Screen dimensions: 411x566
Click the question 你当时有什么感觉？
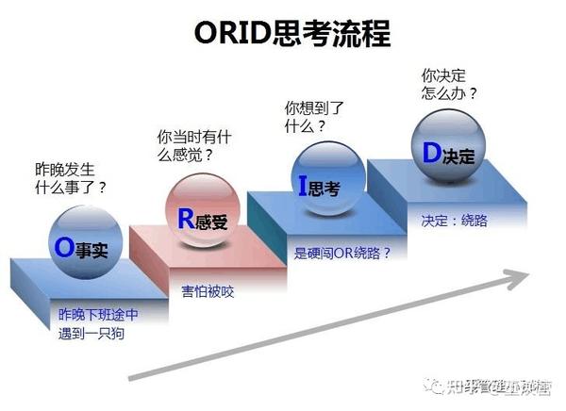pyautogui.click(x=194, y=145)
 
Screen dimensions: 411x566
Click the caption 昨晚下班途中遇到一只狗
pyautogui.click(x=98, y=321)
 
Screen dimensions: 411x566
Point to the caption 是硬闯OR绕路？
pyautogui.click(x=342, y=253)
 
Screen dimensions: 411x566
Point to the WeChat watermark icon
pyautogui.click(x=436, y=385)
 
